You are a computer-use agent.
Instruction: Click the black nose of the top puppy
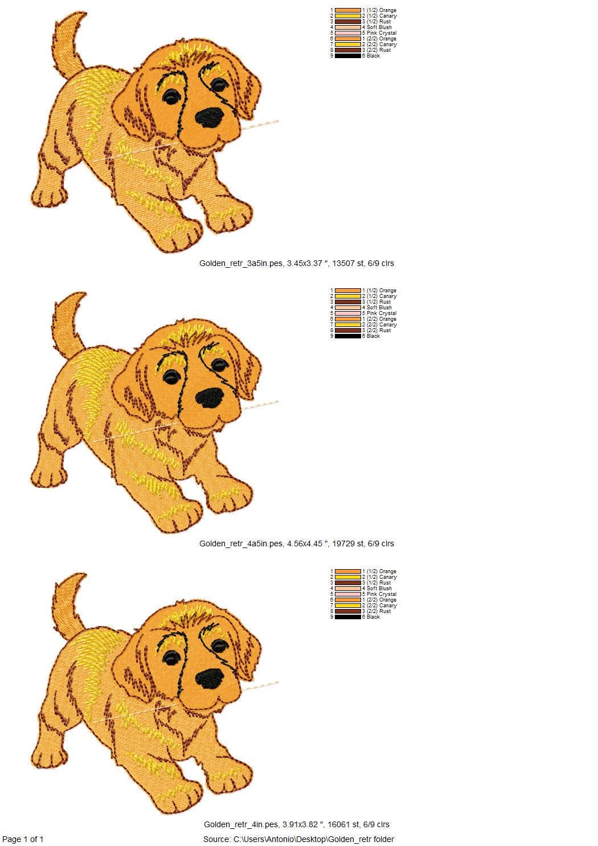(x=210, y=117)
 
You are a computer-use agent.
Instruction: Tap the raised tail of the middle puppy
(x=69, y=319)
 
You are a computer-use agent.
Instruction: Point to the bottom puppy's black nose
(x=210, y=678)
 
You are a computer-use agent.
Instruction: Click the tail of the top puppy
(x=68, y=40)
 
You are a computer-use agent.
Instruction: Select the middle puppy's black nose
(x=210, y=398)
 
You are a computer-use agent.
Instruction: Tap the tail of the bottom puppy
(x=68, y=601)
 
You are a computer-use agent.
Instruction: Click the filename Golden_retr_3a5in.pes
(x=241, y=263)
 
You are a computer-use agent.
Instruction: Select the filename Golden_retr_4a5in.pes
(x=241, y=543)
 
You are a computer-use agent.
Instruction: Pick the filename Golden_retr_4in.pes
(x=241, y=824)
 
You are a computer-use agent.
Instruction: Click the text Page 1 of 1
(x=23, y=839)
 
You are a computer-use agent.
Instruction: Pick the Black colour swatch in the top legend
(x=348, y=56)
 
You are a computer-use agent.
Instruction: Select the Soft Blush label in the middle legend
(x=379, y=308)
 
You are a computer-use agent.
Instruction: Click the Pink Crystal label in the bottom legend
(x=381, y=594)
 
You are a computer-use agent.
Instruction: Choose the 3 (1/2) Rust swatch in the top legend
(x=348, y=22)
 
